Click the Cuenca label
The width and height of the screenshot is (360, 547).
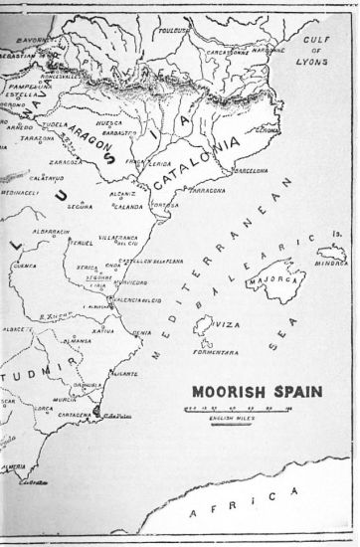click(x=25, y=266)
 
